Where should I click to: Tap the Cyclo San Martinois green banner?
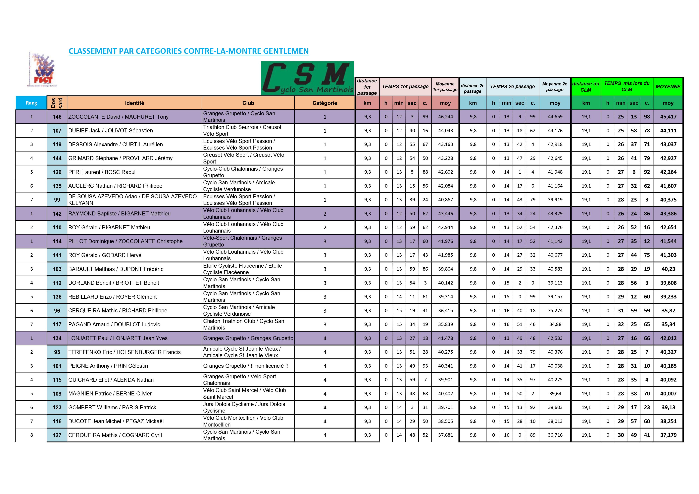pos(308,78)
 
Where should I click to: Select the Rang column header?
pos(31,103)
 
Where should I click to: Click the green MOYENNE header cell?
pos(668,87)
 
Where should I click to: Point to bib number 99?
pos(57,200)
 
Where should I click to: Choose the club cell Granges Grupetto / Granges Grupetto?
pos(248,338)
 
